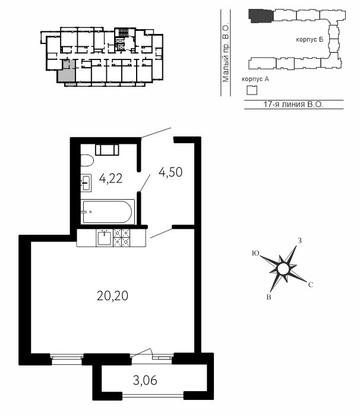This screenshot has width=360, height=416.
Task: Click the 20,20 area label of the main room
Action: click(x=112, y=295)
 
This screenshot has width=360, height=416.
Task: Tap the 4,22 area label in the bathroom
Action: click(x=110, y=178)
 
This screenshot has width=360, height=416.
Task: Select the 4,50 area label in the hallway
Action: click(x=170, y=172)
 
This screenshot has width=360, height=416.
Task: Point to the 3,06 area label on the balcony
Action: click(x=145, y=380)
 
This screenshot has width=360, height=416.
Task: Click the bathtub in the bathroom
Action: click(x=108, y=212)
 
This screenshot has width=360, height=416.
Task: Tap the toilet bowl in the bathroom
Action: click(x=87, y=161)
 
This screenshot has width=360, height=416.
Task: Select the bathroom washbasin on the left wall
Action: click(x=86, y=183)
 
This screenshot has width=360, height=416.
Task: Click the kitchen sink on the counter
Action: click(x=105, y=238)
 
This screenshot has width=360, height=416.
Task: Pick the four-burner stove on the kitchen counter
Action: click(x=122, y=238)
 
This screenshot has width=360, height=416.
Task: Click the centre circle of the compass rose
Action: click(x=283, y=269)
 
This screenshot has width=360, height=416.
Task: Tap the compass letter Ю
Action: click(x=255, y=253)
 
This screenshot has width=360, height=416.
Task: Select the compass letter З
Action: click(x=299, y=241)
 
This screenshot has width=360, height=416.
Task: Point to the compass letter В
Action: click(x=269, y=297)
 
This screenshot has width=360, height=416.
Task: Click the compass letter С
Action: click(x=311, y=285)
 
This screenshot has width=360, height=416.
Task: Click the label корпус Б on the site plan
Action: click(x=310, y=40)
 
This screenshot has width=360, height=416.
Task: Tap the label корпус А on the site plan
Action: click(x=255, y=79)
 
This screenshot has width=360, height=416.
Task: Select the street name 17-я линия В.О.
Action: click(x=293, y=104)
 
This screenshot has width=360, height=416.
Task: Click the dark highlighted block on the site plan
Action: click(x=261, y=16)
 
